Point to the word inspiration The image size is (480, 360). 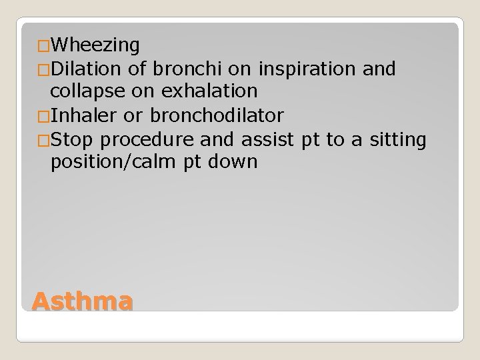300,69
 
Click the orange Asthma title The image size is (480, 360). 81,301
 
